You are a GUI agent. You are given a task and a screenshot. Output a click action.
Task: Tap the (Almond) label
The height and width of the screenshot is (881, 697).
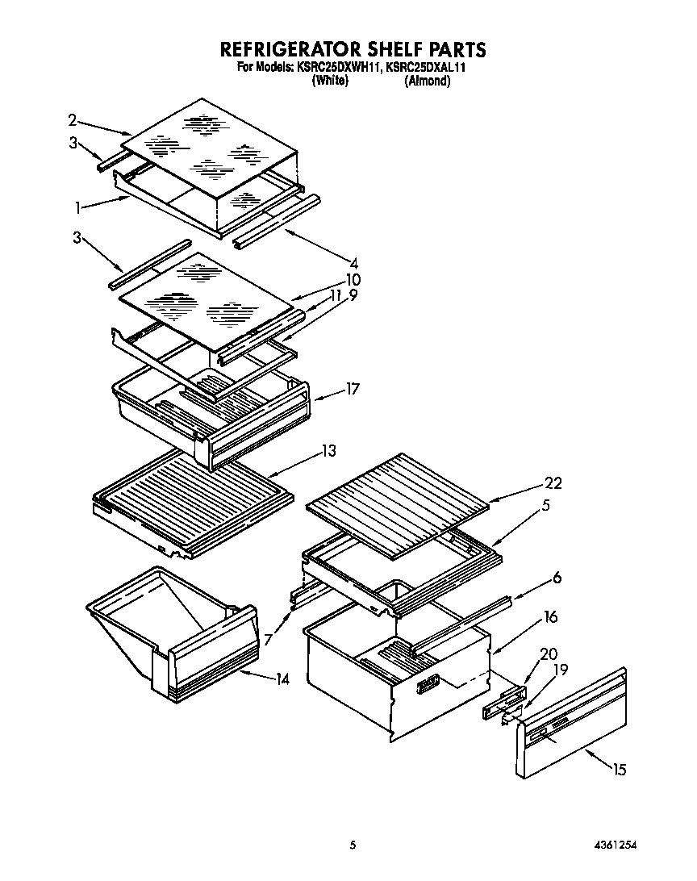(427, 81)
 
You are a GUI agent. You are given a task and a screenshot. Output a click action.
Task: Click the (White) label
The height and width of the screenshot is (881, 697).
(329, 81)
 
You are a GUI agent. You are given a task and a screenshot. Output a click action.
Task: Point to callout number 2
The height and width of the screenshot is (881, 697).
(73, 120)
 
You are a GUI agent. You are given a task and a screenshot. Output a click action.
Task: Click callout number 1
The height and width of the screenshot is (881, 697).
(77, 207)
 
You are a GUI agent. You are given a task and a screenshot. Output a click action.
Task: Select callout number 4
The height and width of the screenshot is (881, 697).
(353, 261)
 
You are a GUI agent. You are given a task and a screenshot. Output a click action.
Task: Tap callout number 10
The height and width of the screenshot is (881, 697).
(353, 279)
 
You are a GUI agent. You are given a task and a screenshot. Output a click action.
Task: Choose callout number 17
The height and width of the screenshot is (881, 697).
(352, 389)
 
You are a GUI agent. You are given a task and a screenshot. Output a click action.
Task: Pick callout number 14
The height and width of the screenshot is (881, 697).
(282, 678)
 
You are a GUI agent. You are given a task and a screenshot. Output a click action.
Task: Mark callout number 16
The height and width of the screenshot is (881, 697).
(550, 617)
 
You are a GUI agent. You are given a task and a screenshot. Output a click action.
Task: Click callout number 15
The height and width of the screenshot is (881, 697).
(618, 770)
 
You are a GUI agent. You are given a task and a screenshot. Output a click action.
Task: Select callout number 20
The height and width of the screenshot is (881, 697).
(549, 654)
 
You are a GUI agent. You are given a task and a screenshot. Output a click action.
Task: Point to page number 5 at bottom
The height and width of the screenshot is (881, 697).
(352, 845)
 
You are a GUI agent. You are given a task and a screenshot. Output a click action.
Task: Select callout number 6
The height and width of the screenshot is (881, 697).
(557, 578)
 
